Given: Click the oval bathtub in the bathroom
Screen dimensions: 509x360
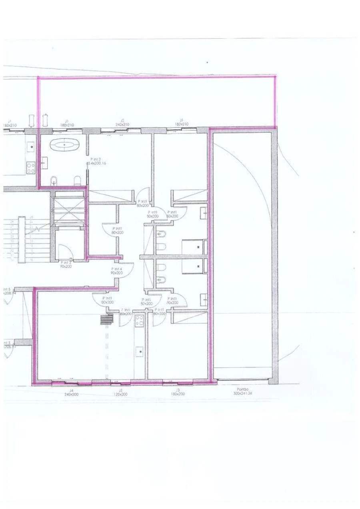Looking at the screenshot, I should point(65,144).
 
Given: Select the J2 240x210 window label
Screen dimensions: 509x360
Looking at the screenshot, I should point(122,122).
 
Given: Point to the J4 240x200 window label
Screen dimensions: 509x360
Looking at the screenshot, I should point(71,392).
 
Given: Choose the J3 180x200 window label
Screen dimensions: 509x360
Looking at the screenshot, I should point(178,392).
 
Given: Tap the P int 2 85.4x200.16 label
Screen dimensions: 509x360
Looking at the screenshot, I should point(96,161).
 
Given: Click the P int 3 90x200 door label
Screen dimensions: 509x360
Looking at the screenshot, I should point(66,264).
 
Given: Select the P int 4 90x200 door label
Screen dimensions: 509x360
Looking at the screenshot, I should point(116,271).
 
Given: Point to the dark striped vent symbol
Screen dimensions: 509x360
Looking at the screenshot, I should point(107,319).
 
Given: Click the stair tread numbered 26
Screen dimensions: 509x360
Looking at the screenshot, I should point(31,217).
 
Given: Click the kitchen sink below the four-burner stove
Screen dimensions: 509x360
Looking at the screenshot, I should point(140,351).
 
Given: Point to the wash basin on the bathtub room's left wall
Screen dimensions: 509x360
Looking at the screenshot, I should point(44,162).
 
